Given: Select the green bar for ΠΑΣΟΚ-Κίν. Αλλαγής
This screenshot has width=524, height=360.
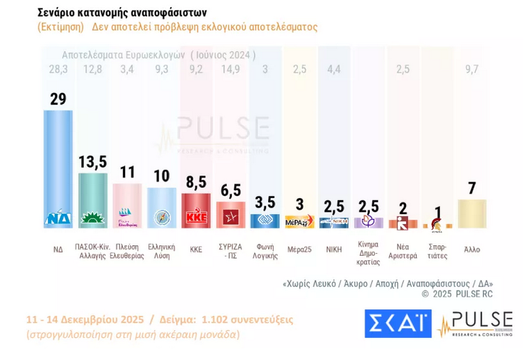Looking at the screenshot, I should [x=93, y=195].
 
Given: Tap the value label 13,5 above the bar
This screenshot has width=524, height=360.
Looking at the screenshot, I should [x=93, y=162].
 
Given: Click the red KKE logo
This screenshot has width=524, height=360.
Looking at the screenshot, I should [x=197, y=217].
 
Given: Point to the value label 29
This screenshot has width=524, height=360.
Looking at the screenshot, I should [x=58, y=99].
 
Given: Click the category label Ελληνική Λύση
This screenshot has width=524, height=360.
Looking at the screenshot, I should [x=162, y=252].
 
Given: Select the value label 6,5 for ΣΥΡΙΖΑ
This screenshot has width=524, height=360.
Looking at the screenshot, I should [x=231, y=190].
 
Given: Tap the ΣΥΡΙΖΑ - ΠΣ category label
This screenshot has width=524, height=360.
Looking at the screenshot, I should [x=231, y=252].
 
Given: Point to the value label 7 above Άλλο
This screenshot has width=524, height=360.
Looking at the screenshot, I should [x=472, y=189].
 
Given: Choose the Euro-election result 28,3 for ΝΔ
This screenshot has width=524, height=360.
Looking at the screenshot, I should [x=58, y=70].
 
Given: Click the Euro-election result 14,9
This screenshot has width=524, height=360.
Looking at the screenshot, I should [x=231, y=70].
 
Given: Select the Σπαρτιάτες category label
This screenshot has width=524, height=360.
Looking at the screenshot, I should [x=437, y=252].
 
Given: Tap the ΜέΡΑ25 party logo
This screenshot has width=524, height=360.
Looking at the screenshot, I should [x=300, y=222].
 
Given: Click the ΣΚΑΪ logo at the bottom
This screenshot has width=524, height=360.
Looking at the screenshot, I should [x=397, y=323].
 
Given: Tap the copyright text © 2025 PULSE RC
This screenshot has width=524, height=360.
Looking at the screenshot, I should [x=457, y=294].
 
